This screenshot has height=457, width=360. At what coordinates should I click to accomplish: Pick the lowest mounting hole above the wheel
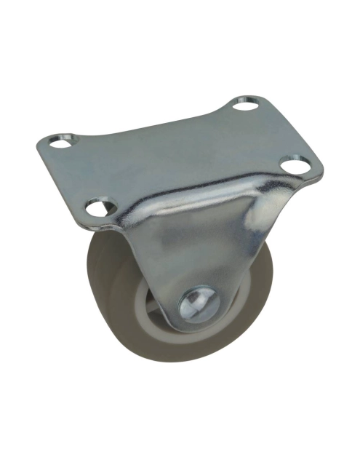coord(97,207)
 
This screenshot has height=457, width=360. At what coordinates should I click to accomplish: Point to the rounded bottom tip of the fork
coord(193,327)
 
